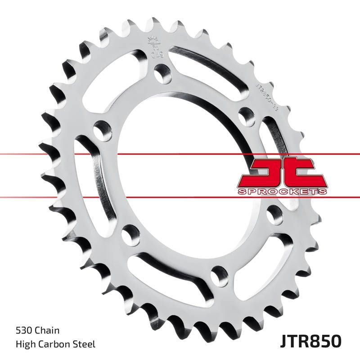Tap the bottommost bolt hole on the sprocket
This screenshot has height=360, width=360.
[219, 273]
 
